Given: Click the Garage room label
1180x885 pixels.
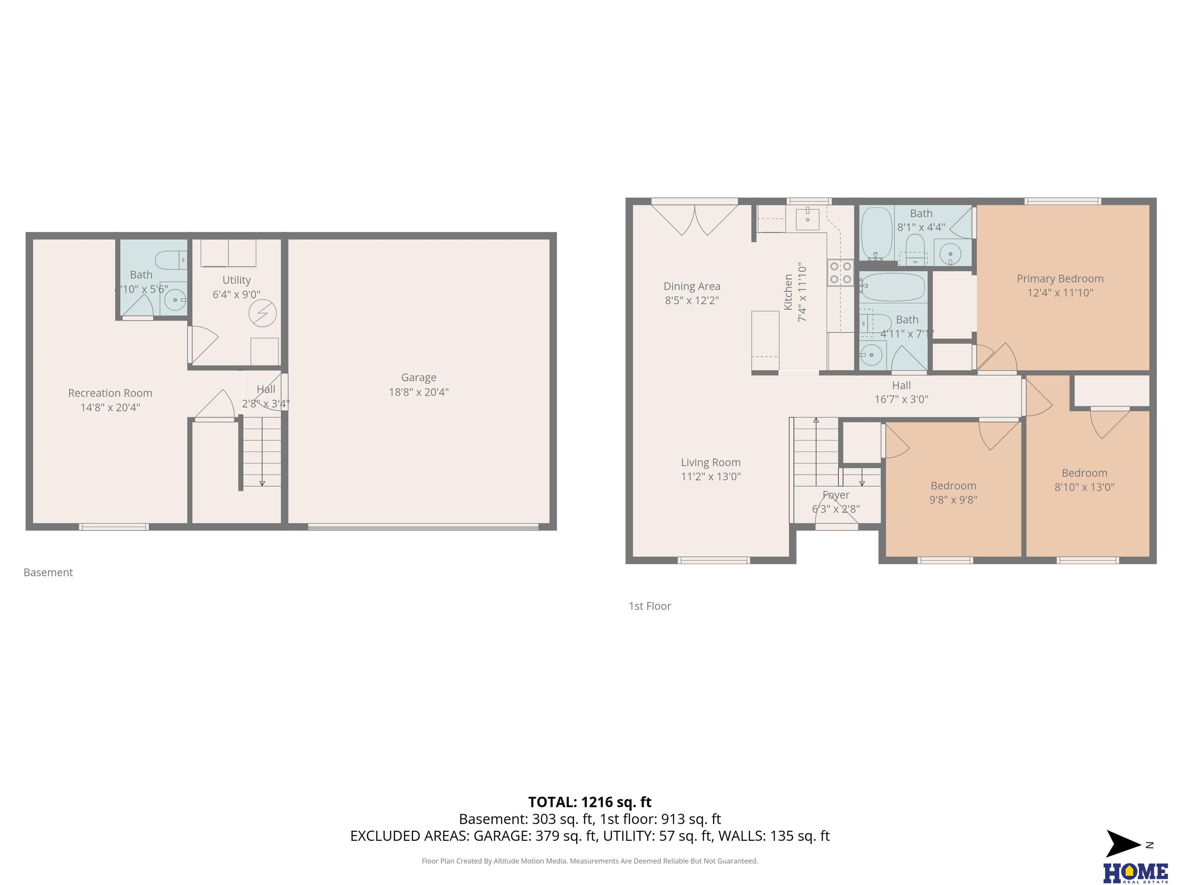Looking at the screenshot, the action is pos(419,378).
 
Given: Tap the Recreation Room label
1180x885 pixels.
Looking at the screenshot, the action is pos(110,393).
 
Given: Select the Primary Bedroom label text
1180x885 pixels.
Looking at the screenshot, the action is pos(1060,278).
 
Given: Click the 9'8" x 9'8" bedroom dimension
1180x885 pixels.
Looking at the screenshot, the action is pos(953,500).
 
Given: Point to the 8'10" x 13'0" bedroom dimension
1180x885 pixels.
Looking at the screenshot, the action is pos(1084,487).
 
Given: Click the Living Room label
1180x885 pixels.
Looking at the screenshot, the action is pos(711,462).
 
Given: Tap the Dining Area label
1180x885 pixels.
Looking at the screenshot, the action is pos(692,287).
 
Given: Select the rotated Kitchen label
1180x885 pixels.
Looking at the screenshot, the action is pos(788,292).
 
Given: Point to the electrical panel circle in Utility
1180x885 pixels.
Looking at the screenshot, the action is pos(262,313).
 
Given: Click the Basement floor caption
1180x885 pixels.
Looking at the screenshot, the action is pos(48,572).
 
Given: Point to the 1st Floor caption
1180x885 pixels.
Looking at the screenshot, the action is pos(650,606).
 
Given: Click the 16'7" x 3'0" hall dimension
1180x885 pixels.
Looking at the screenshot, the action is pos(902,399).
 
